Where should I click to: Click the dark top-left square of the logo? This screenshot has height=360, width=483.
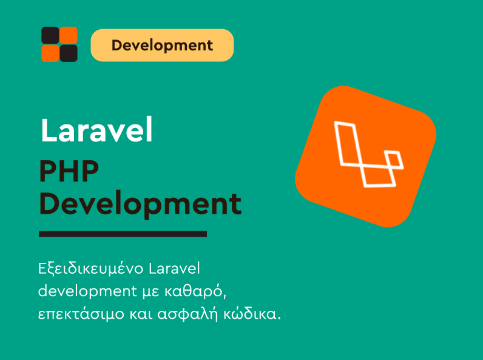tap(50, 36)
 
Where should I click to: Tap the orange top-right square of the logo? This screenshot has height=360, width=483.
tap(69, 36)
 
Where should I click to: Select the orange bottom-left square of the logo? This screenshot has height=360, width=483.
tap(50, 53)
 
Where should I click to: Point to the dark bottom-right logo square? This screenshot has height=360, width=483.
tap(69, 53)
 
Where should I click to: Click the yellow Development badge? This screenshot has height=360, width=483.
tap(162, 46)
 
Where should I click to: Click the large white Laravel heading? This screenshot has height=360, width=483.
tap(96, 130)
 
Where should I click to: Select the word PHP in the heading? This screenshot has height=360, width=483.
tap(69, 172)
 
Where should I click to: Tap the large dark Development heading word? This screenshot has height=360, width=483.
tap(140, 204)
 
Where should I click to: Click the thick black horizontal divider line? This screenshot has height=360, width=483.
tap(123, 234)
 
